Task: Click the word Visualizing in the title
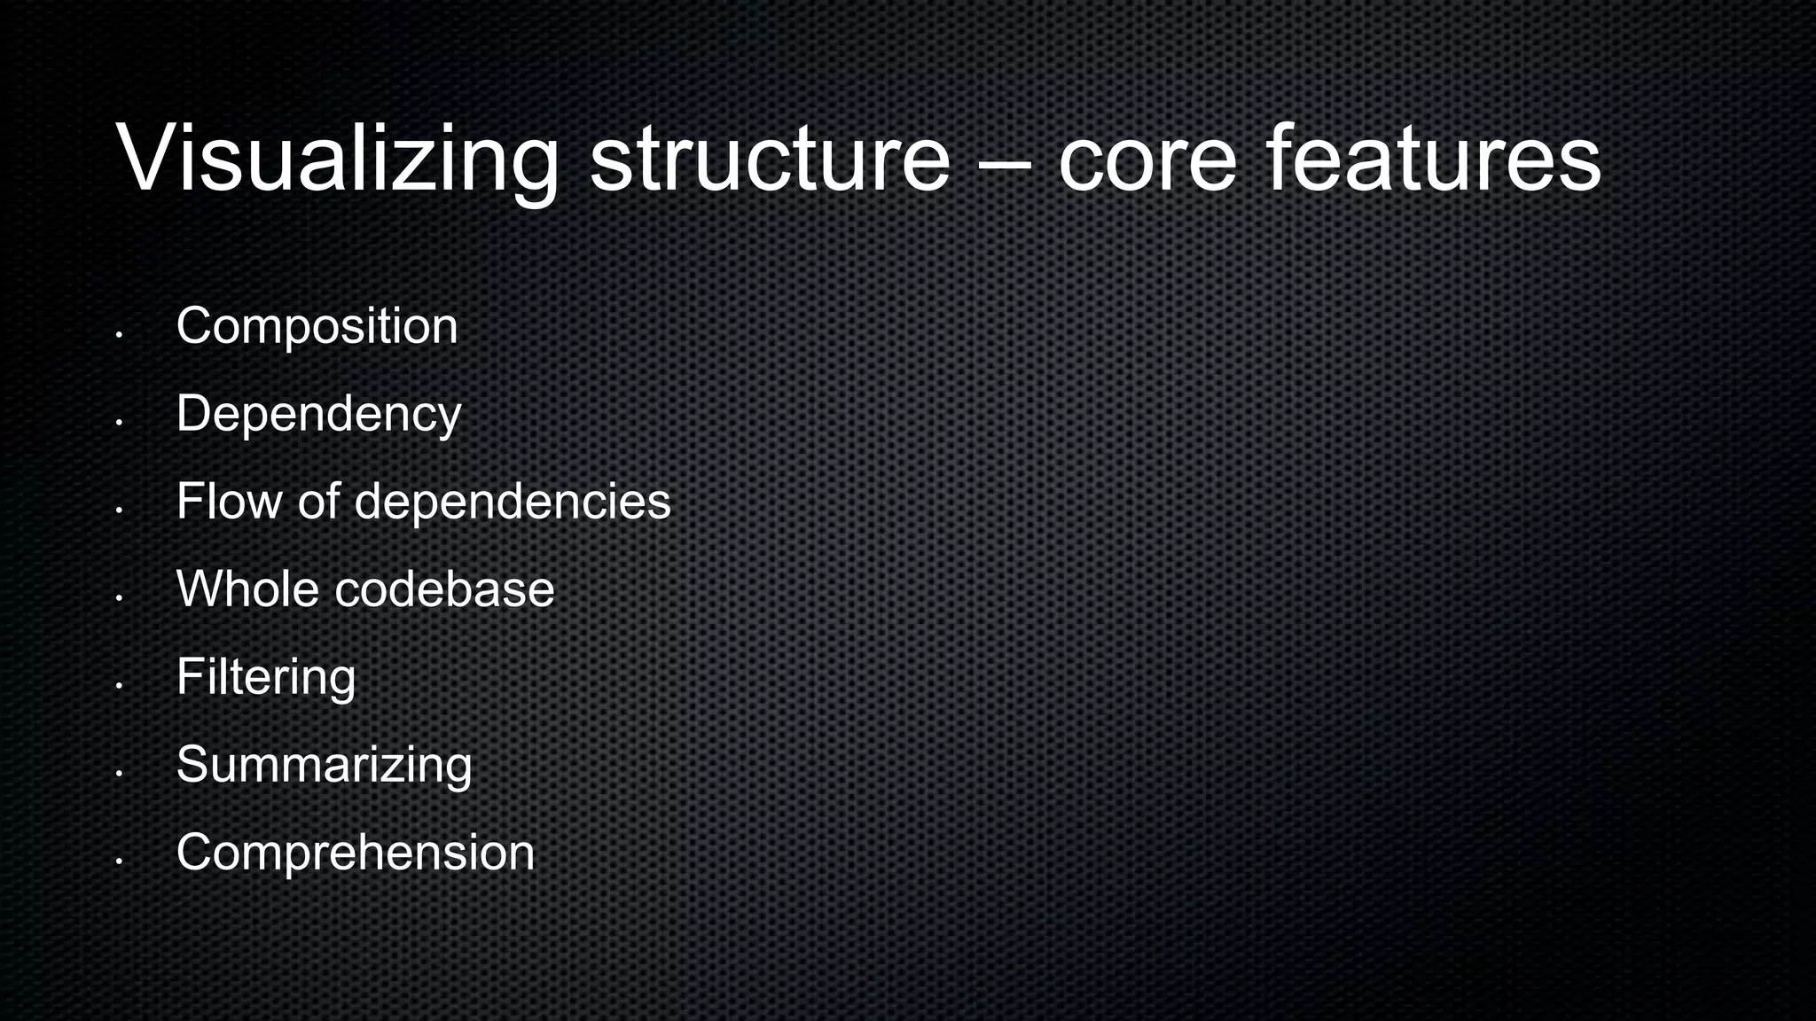[337, 160]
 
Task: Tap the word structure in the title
[770, 160]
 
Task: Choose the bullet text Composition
[317, 326]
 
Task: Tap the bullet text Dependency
[318, 414]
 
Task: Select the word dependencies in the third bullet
[513, 502]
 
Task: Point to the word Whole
[247, 588]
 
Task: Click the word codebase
[444, 588]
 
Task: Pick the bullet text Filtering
[266, 677]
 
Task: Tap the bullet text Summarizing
[324, 764]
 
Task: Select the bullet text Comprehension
[356, 853]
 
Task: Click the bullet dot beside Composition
[118, 335]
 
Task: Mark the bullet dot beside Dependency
[118, 423]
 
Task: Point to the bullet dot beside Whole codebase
[118, 598]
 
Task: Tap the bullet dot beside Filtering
[118, 685]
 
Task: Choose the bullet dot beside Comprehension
[118, 861]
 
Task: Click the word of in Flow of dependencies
[318, 501]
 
